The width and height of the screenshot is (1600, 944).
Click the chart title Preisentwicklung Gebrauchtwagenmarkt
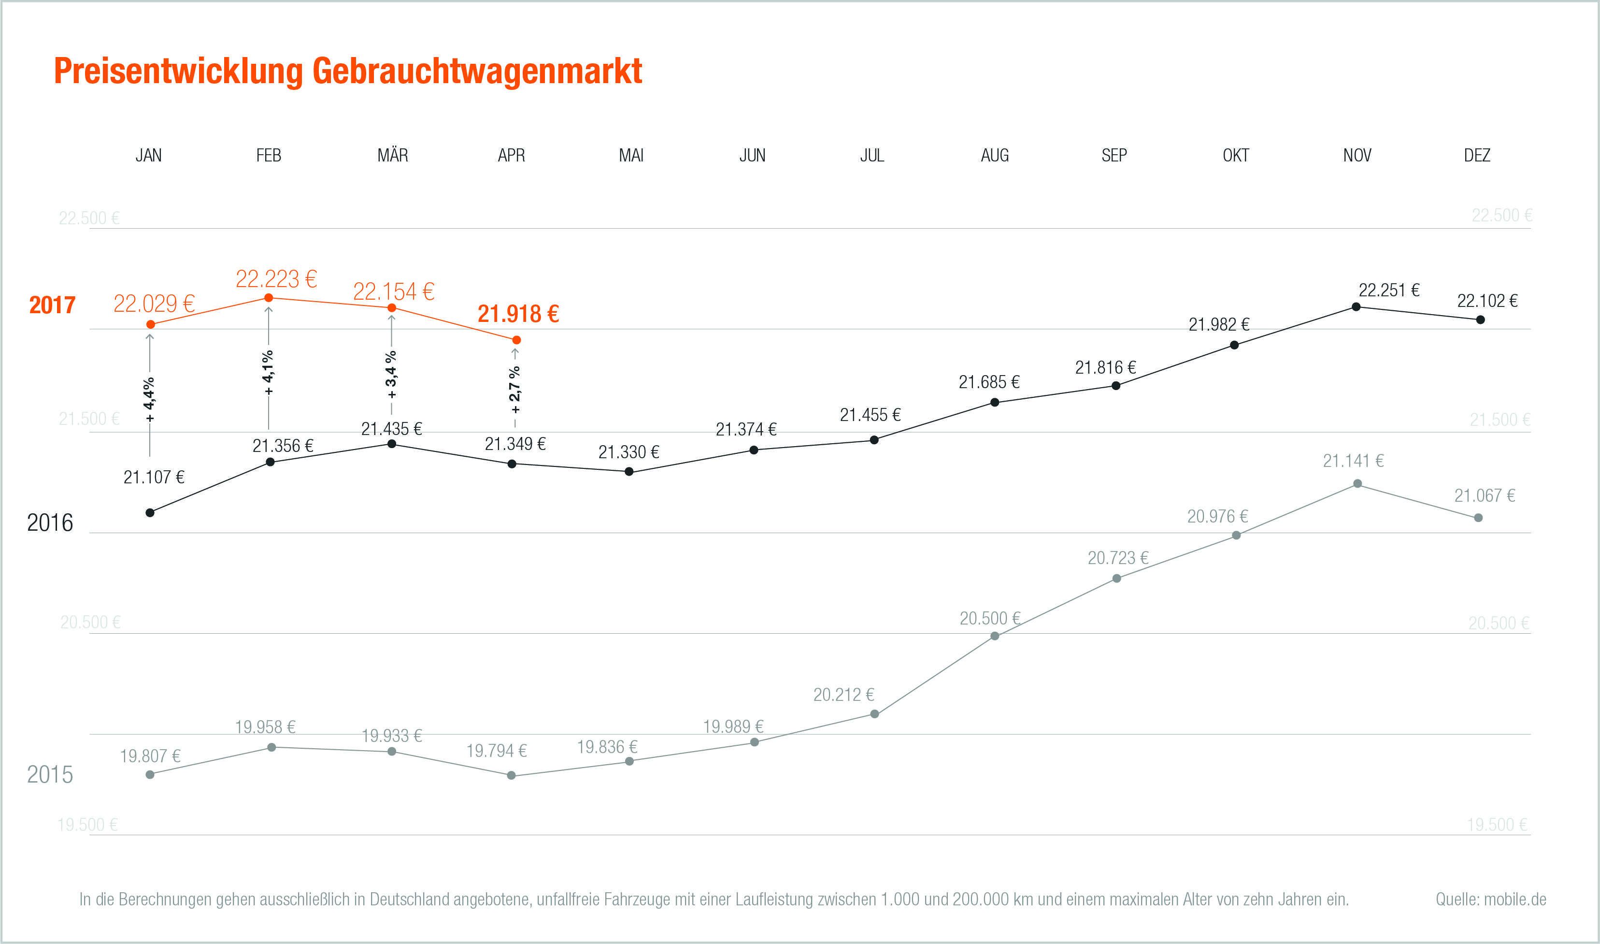click(x=348, y=71)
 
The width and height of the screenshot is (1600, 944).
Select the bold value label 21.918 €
click(x=518, y=314)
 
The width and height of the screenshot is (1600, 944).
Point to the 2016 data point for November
click(x=1356, y=306)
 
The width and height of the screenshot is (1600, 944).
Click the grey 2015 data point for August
click(x=995, y=636)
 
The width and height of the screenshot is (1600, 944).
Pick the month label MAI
click(x=631, y=155)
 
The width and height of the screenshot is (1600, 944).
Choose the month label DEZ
click(x=1477, y=155)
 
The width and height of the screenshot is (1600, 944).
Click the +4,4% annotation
click(x=149, y=399)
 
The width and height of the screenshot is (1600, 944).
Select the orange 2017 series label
click(x=52, y=305)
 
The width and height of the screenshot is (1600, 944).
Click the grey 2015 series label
click(x=50, y=774)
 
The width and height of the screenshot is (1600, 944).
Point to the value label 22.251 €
click(x=1388, y=290)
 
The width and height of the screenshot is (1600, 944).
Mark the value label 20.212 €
click(x=843, y=695)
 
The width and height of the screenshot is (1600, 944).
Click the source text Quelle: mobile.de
click(x=1491, y=899)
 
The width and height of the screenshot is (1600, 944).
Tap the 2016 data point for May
click(x=629, y=471)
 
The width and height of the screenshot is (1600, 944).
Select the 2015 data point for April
click(x=511, y=775)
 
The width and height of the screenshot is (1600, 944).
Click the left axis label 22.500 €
click(x=89, y=218)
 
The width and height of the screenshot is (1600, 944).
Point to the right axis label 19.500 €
click(x=1497, y=825)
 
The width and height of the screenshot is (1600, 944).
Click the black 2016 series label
click(x=50, y=523)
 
